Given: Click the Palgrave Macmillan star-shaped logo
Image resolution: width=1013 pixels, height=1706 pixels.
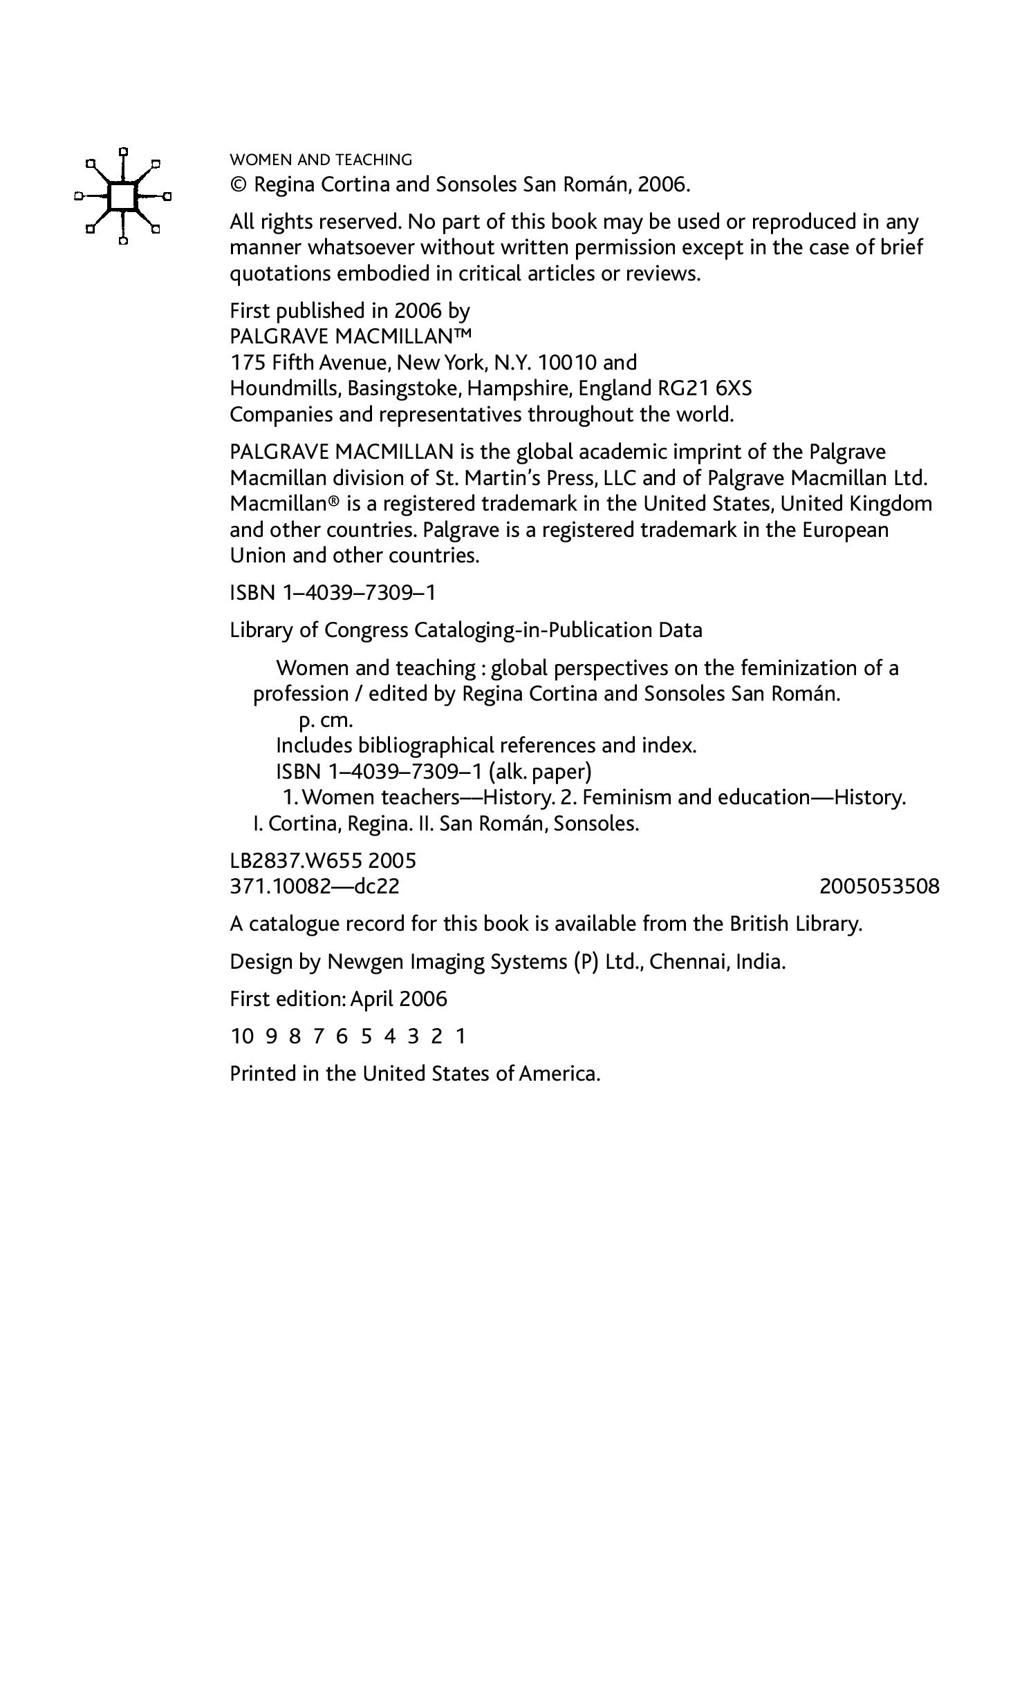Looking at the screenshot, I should [122, 196].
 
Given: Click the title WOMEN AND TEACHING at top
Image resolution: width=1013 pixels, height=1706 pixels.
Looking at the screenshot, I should [320, 160].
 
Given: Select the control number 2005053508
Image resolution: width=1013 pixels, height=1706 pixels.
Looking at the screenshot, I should [879, 887].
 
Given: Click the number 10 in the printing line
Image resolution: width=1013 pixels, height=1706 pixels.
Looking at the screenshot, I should [242, 1036].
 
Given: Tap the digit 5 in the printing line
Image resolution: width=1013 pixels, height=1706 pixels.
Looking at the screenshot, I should [366, 1036].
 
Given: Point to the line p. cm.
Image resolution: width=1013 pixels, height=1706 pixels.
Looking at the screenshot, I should [326, 720].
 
